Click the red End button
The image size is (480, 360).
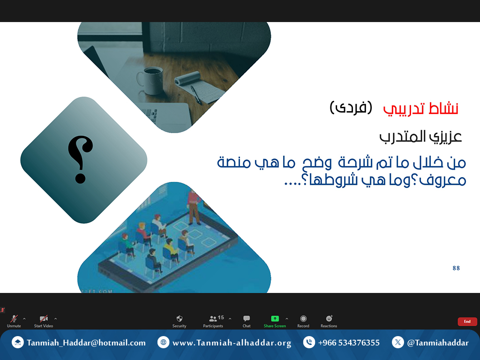click(467, 322)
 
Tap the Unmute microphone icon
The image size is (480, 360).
click(14, 319)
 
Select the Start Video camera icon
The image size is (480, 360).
click(44, 319)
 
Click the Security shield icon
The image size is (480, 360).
click(180, 319)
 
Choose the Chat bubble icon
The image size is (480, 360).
click(247, 319)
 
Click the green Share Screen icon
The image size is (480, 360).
click(275, 319)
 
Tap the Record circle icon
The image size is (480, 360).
click(303, 319)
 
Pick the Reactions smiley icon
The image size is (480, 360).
click(329, 318)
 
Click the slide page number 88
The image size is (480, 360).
click(456, 268)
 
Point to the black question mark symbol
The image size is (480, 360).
click(80, 159)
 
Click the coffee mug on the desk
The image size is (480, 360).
click(150, 80)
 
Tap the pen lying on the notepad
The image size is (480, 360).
click(196, 95)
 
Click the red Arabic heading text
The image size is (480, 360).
click(420, 108)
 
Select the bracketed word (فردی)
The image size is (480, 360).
click(351, 107)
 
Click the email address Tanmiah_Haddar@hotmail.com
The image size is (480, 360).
click(86, 343)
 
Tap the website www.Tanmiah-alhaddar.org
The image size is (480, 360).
click(232, 343)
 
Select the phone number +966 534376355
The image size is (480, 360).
click(349, 343)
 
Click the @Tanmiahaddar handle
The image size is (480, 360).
click(438, 343)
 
